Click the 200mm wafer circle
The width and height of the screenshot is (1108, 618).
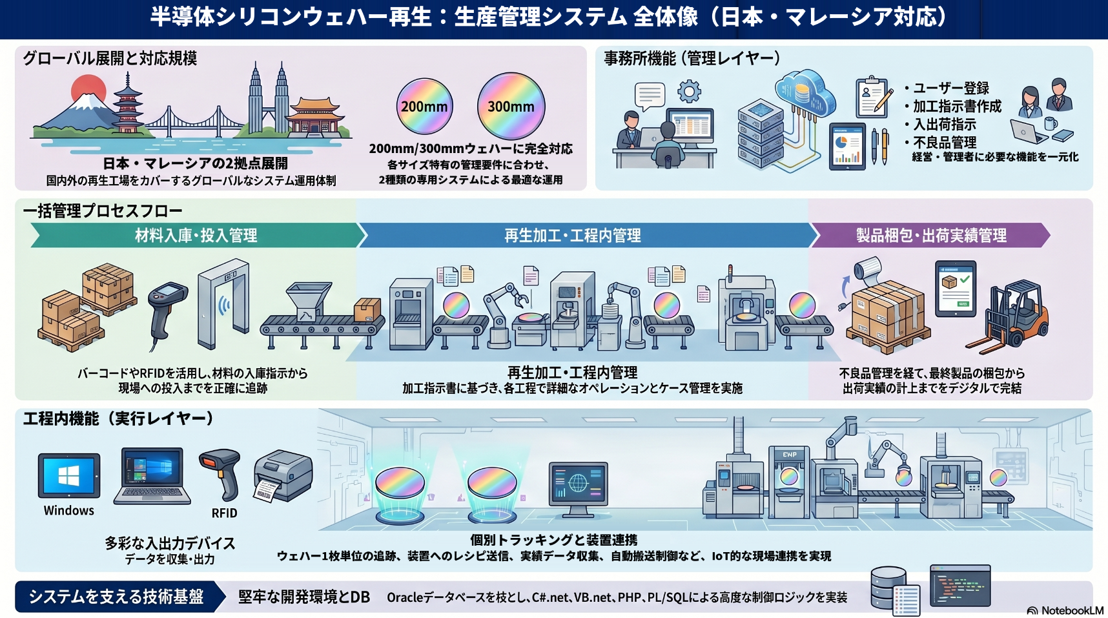(424, 107)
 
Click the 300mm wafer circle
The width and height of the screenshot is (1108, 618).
(511, 106)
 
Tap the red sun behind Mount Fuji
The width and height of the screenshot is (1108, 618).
(88, 90)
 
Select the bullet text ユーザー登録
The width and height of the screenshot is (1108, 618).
(951, 88)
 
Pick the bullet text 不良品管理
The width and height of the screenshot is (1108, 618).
(945, 142)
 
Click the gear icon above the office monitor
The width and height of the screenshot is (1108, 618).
(689, 91)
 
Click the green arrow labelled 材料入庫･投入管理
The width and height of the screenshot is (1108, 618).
(198, 236)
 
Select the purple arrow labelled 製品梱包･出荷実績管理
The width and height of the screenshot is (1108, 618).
(930, 236)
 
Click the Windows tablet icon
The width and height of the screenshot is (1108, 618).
(69, 476)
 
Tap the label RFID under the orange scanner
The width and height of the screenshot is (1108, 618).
(224, 513)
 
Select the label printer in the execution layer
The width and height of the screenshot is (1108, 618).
(282, 476)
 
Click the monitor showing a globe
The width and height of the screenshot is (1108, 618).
(578, 489)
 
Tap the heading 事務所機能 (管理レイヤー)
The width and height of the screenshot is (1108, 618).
(692, 59)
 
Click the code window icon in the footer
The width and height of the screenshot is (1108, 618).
(960, 586)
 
